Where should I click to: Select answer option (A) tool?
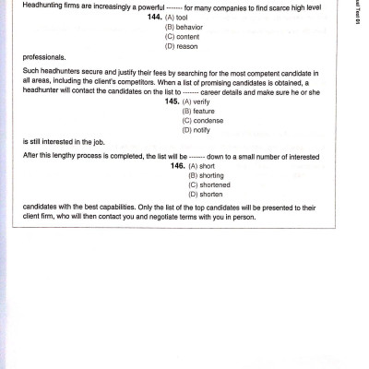click(x=179, y=18)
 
